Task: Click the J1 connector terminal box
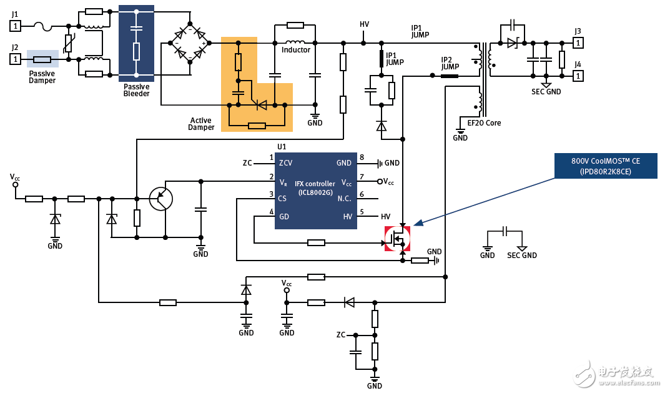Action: click(x=16, y=26)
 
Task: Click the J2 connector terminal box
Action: click(x=16, y=59)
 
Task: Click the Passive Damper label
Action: click(x=42, y=77)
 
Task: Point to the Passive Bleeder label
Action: click(x=136, y=90)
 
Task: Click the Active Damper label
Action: click(x=201, y=124)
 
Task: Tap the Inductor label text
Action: click(x=296, y=50)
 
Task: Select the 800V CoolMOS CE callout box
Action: click(x=605, y=166)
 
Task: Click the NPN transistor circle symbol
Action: click(x=161, y=199)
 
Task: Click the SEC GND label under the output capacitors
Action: click(x=546, y=92)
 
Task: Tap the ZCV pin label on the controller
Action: click(x=286, y=163)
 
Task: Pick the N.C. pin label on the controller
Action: click(x=344, y=199)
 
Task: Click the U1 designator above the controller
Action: click(x=282, y=147)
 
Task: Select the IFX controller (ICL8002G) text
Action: click(x=315, y=187)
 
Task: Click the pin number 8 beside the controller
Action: click(x=362, y=157)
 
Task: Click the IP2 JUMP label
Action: click(x=450, y=63)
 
